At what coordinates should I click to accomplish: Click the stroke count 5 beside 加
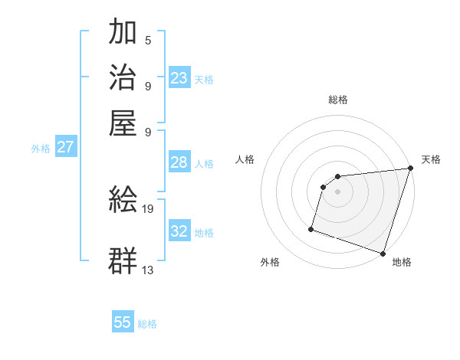(147, 40)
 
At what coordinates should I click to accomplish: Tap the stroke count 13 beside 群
(149, 269)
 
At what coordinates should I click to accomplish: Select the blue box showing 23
(179, 77)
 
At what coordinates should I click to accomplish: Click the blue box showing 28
(179, 162)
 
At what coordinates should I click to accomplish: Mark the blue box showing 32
(179, 231)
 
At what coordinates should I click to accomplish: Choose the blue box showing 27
(65, 147)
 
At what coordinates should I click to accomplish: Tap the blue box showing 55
(123, 322)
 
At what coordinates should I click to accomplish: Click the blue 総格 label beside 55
(148, 324)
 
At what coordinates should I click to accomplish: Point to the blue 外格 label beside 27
(41, 149)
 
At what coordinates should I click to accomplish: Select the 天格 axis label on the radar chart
(431, 159)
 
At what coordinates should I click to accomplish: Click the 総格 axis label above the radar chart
(338, 100)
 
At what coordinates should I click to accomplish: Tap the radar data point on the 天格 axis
(410, 169)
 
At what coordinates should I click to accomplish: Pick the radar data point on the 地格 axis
(383, 253)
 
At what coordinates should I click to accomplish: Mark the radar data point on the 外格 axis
(311, 228)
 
